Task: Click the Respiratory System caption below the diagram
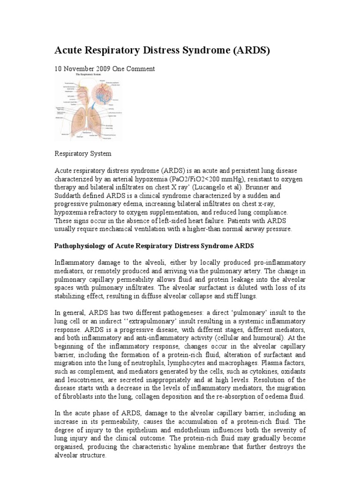pos(83,153)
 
